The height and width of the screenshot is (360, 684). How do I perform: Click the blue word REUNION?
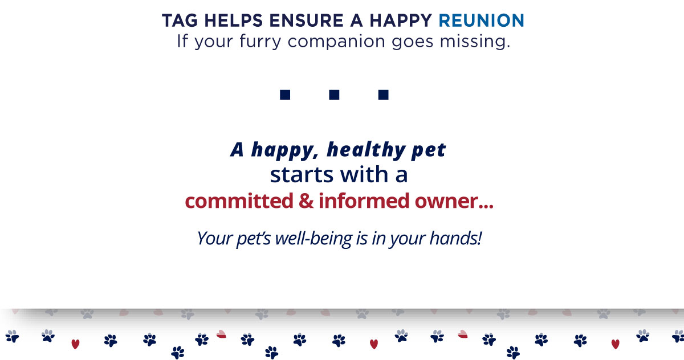click(x=481, y=21)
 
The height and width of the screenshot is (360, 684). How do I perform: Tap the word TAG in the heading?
click(x=180, y=21)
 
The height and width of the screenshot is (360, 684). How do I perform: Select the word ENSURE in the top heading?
click(x=306, y=21)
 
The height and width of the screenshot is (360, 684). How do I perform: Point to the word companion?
click(x=336, y=42)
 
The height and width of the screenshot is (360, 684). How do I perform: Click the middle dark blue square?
click(x=334, y=95)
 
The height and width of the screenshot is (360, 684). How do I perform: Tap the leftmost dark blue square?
click(x=285, y=95)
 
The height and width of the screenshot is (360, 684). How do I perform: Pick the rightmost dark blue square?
click(x=383, y=95)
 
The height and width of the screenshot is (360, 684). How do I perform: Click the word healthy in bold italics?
click(x=366, y=150)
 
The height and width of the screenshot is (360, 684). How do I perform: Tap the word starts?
click(x=302, y=175)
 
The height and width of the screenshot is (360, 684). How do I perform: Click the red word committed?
click(x=239, y=201)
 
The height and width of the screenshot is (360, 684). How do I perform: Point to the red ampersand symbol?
click(x=306, y=201)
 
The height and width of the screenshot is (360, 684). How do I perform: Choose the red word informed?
click(x=364, y=201)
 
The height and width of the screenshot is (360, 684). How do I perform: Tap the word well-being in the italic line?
click(x=313, y=239)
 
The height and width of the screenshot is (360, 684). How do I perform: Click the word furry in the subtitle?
click(x=260, y=42)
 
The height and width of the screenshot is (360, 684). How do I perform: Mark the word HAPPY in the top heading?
click(x=401, y=21)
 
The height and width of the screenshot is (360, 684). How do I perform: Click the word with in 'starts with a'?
click(x=364, y=174)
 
